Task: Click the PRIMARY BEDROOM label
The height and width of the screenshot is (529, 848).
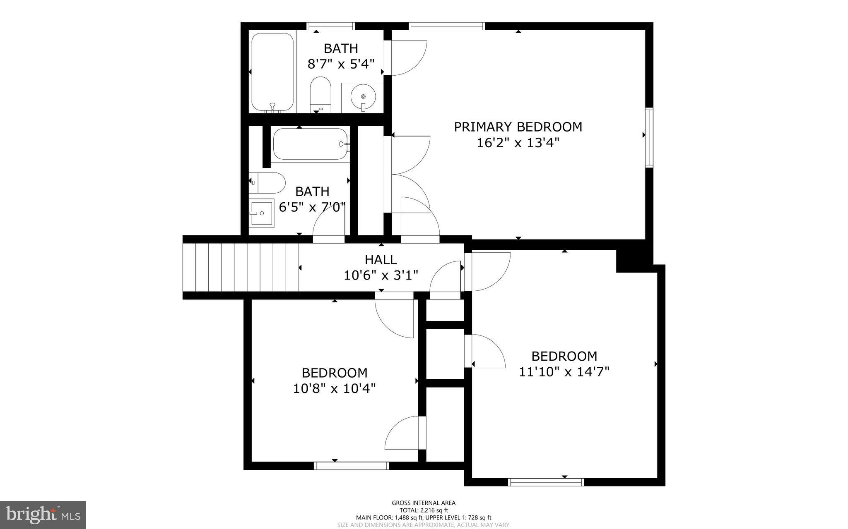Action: tap(518, 127)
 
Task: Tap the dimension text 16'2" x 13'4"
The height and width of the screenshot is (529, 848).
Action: tap(518, 143)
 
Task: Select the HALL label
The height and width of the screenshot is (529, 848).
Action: tap(381, 260)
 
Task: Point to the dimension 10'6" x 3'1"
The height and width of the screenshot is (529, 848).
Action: tap(381, 275)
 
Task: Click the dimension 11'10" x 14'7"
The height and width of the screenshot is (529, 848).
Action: tap(564, 372)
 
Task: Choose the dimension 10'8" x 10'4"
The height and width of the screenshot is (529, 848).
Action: tap(334, 389)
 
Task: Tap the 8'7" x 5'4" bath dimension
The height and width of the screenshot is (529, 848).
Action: tap(340, 64)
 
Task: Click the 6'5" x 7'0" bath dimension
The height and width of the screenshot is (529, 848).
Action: tap(312, 207)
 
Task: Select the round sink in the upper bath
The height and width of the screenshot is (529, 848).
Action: tap(363, 98)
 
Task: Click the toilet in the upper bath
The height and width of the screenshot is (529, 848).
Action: tap(321, 94)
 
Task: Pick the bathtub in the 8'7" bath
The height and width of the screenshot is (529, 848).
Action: tap(272, 72)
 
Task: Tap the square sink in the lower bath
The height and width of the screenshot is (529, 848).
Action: tap(261, 213)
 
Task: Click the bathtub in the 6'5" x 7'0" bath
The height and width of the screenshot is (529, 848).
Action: tap(311, 144)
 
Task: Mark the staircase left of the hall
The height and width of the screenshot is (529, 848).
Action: tap(240, 268)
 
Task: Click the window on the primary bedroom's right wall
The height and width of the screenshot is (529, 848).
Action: tap(649, 138)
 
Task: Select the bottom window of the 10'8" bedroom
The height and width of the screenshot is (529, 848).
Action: tap(351, 466)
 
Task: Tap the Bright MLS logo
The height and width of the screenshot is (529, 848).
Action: tap(43, 515)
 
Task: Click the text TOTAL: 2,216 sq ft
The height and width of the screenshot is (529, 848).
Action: tap(424, 510)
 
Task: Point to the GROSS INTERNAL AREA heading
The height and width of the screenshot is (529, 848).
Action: tap(424, 503)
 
